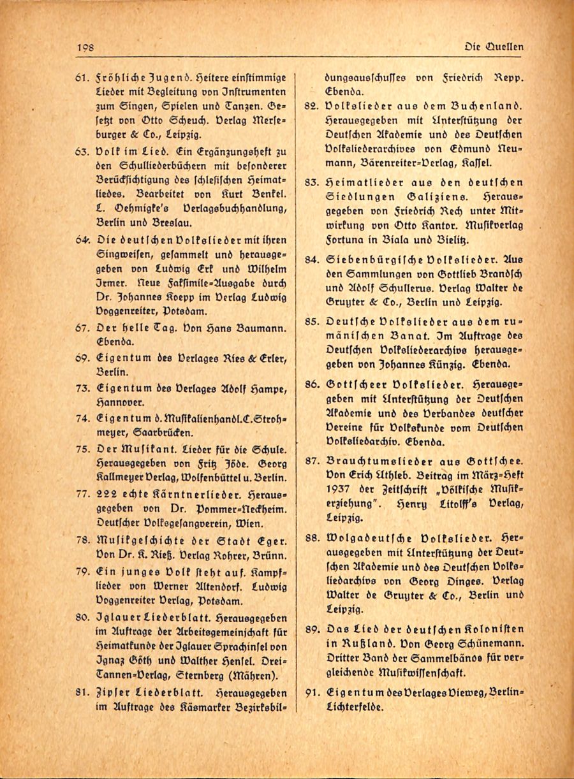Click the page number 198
85,47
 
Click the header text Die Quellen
495,47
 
